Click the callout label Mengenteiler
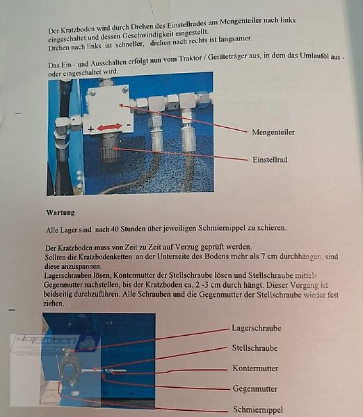(273, 132)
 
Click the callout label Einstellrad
(270, 160)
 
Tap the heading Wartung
(60, 213)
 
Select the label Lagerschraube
(257, 328)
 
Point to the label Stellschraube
(255, 348)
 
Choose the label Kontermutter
(255, 369)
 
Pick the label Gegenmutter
(255, 389)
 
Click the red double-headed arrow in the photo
(110, 127)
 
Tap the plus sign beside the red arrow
(91, 128)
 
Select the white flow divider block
(107, 107)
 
